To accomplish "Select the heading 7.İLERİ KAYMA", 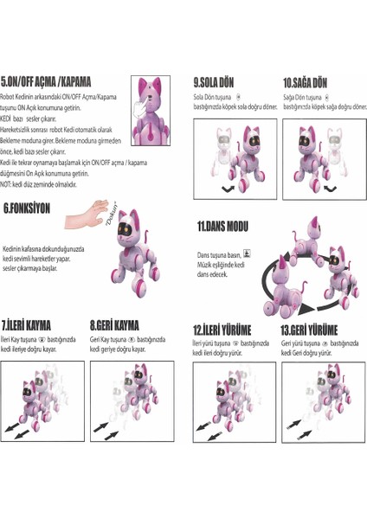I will (x=27, y=326).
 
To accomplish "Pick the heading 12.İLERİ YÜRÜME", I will (x=222, y=330).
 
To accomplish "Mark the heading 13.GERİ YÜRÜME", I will (x=309, y=330).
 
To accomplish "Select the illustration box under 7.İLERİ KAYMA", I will (x=43, y=401).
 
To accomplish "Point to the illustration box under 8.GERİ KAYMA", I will (x=130, y=401).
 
